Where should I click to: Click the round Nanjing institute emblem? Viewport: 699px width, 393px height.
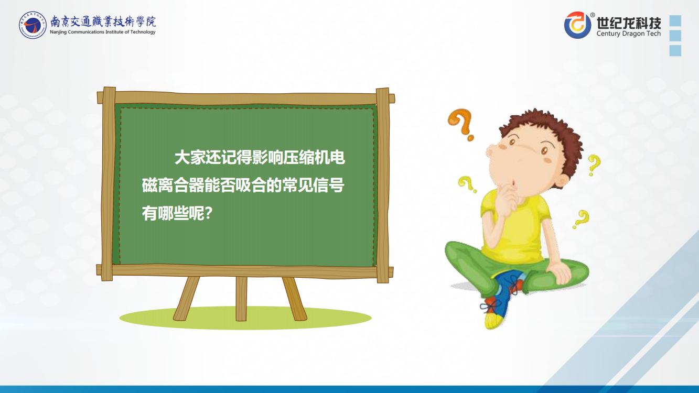click(x=33, y=25)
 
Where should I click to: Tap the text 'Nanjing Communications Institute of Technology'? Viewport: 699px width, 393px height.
click(x=103, y=32)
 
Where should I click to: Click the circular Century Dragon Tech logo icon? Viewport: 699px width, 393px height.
click(x=578, y=25)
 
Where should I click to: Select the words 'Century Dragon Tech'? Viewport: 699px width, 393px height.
click(x=629, y=34)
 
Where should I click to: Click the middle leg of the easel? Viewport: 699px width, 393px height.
click(x=241, y=299)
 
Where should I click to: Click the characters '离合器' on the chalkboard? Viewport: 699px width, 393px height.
click(x=181, y=185)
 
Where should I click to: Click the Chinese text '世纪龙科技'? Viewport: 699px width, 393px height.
click(x=629, y=22)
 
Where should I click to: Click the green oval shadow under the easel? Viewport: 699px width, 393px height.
click(x=245, y=318)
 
